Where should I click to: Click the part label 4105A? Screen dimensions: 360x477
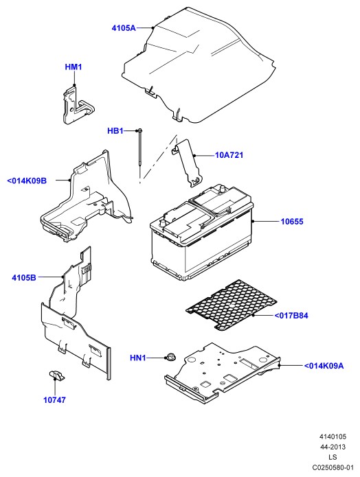click(x=124, y=28)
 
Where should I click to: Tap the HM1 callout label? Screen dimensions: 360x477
click(x=74, y=67)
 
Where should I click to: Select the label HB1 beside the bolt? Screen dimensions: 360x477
click(x=115, y=131)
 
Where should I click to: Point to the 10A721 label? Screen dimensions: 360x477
click(x=229, y=155)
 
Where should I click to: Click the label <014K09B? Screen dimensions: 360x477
click(x=27, y=181)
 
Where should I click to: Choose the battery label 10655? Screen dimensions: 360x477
click(x=292, y=222)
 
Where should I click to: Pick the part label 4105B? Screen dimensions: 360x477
click(x=24, y=278)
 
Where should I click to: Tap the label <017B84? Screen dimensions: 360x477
click(x=291, y=316)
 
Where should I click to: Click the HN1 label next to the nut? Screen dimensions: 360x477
click(x=138, y=358)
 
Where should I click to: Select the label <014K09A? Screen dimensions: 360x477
click(x=324, y=366)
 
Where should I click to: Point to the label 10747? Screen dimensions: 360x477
click(x=54, y=400)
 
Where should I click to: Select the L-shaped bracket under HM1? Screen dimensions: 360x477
click(x=78, y=105)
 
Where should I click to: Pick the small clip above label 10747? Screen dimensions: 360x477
click(x=56, y=375)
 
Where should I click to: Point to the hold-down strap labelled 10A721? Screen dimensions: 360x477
click(x=188, y=163)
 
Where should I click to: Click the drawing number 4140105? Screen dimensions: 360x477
click(x=333, y=437)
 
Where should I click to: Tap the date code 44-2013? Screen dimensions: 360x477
click(x=333, y=447)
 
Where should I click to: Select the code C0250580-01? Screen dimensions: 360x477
click(x=333, y=467)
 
